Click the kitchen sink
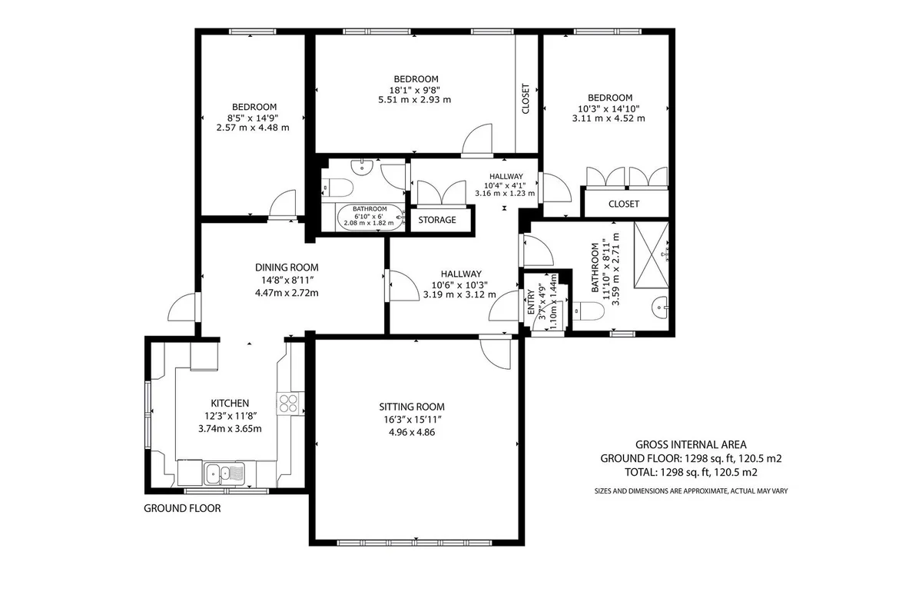tap(224, 474)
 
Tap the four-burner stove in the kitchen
tap(288, 403)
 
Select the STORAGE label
tap(437, 220)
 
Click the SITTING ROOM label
tap(412, 407)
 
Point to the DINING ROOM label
tap(287, 268)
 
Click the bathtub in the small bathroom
tap(370, 217)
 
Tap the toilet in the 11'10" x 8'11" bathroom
tap(589, 311)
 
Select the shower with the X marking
tap(652, 254)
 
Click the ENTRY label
tap(531, 302)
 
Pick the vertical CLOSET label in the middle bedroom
tap(526, 99)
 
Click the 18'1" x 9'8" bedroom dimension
tap(415, 90)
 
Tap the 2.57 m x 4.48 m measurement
tap(253, 128)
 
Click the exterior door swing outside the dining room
tap(181, 307)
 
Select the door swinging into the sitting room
tap(496, 353)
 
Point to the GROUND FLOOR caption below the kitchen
tap(182, 508)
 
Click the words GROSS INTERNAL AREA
tap(691, 444)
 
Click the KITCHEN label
tap(230, 404)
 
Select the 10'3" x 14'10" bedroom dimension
tap(609, 108)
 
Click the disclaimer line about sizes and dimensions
tap(691, 491)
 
